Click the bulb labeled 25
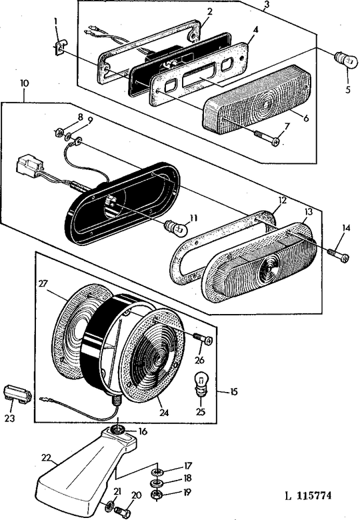coord(199,385)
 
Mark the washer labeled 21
coord(110,503)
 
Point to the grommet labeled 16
coord(119,431)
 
